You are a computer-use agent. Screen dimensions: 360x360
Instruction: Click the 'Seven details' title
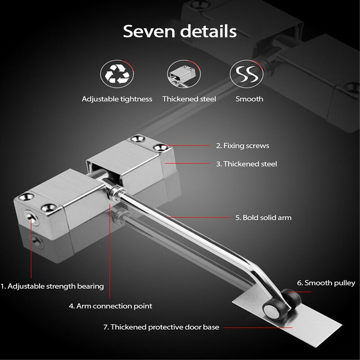point(180,31)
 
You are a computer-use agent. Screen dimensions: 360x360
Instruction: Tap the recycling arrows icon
point(117,74)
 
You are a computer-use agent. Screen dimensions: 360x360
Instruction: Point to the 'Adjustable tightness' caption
point(117,99)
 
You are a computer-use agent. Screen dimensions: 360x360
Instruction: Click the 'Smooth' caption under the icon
point(249,99)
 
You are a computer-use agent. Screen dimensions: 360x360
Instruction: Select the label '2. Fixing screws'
point(243,146)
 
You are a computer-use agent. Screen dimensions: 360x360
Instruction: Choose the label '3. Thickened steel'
point(246,164)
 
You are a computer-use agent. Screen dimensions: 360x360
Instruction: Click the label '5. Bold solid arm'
point(263,218)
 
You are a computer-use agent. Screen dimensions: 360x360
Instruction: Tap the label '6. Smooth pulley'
point(326,283)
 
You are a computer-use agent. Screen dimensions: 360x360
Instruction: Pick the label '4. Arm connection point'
point(110,306)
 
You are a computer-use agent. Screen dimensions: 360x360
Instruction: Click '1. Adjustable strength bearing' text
point(52,286)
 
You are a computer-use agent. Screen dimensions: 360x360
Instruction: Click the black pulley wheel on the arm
point(272,309)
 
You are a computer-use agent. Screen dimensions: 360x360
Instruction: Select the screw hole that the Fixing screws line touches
point(159,147)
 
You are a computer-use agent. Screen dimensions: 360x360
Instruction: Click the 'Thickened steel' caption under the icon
point(189,99)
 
